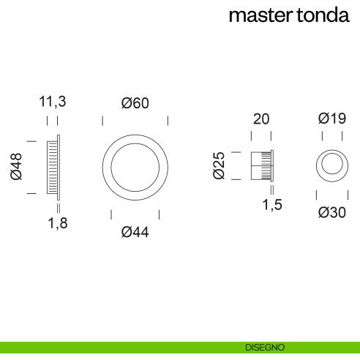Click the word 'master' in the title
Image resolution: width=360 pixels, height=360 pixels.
260,15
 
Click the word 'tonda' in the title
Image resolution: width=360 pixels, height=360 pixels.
321,15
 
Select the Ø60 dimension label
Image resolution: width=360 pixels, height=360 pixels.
135,103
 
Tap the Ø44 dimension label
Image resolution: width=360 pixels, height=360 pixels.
135,232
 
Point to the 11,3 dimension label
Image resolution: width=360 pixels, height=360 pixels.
53,103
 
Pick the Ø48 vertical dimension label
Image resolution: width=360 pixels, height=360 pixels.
16,167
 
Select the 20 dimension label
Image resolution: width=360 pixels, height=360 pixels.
261,119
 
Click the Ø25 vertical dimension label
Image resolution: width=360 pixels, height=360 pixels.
218,165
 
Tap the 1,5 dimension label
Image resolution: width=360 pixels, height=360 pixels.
272,206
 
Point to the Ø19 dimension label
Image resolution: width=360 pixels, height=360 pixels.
331,119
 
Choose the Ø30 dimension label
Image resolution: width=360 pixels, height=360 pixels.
331,213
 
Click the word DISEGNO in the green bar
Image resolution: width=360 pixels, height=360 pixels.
265,348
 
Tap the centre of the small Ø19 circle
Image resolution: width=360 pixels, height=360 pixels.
331,165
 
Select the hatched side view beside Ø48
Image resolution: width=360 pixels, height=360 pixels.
52,167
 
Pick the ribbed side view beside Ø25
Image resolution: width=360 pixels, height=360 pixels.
261,165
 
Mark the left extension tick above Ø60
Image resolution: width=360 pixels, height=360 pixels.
102,120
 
